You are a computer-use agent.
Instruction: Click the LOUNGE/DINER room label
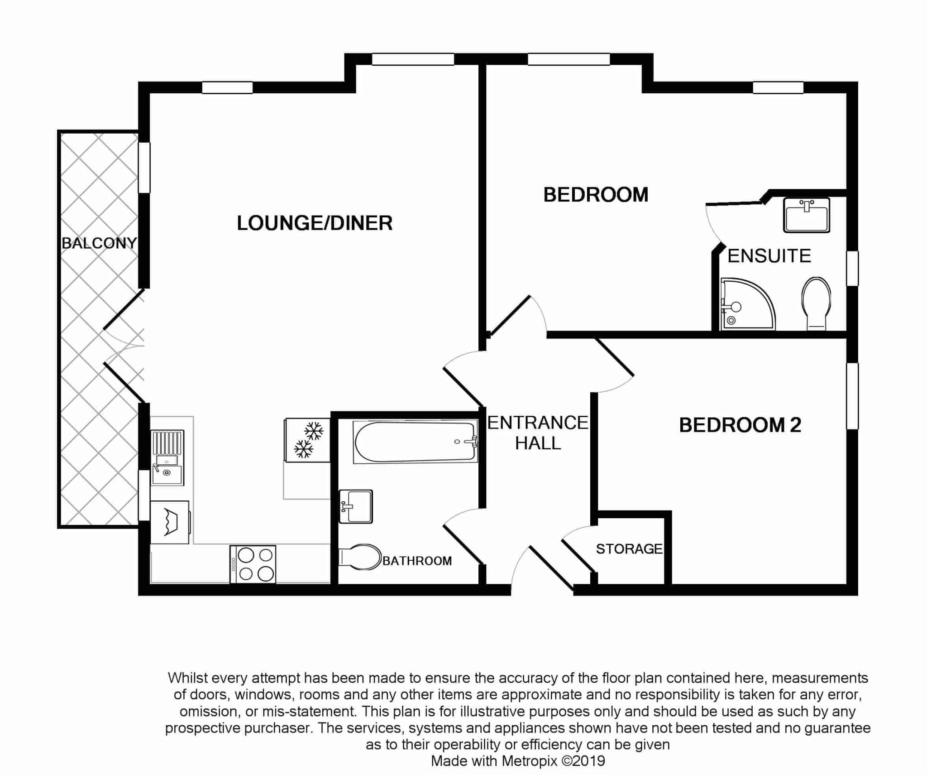pyautogui.click(x=315, y=223)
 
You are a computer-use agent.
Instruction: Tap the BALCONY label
pyautogui.click(x=99, y=243)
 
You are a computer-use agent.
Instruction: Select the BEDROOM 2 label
pyautogui.click(x=740, y=425)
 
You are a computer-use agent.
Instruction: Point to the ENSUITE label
pyautogui.click(x=769, y=256)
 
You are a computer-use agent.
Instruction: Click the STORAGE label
pyautogui.click(x=629, y=549)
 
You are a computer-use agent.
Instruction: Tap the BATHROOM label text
pyautogui.click(x=417, y=561)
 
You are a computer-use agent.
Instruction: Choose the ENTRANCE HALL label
pyautogui.click(x=538, y=433)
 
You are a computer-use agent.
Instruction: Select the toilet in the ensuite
pyautogui.click(x=816, y=303)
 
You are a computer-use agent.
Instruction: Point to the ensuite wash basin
pyautogui.click(x=806, y=215)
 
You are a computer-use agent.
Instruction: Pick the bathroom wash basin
pyautogui.click(x=356, y=506)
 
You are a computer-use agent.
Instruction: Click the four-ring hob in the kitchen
pyautogui.click(x=253, y=564)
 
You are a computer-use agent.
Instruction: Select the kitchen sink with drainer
pyautogui.click(x=167, y=457)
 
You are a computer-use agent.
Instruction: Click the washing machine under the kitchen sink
pyautogui.click(x=170, y=522)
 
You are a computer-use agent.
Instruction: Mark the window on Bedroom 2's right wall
pyautogui.click(x=852, y=396)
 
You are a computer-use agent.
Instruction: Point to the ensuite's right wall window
pyautogui.click(x=852, y=268)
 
